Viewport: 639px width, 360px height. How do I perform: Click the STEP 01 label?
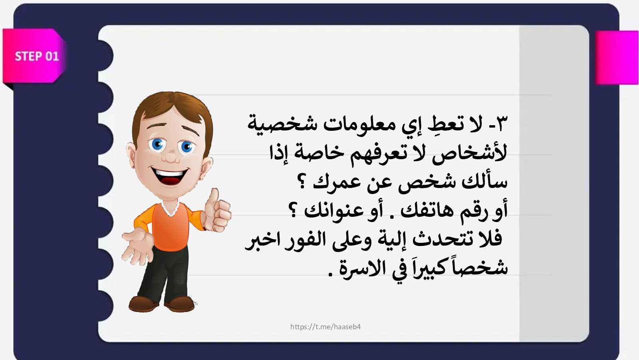[x=37, y=56]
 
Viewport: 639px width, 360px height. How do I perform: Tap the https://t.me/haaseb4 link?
[x=325, y=327]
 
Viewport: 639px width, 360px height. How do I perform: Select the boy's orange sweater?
[x=169, y=226]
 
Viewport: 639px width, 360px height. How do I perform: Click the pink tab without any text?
[x=617, y=58]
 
